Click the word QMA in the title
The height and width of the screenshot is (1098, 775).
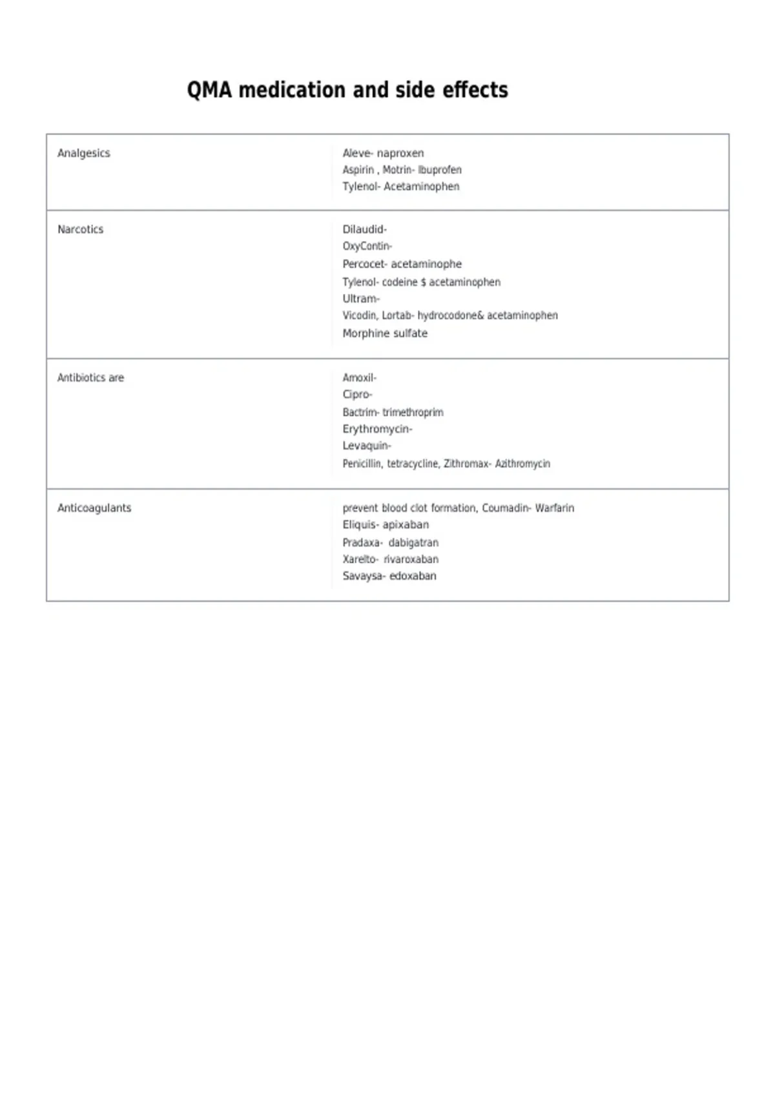coord(209,90)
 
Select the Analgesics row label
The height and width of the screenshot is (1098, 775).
coord(84,153)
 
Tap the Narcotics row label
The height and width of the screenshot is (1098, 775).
coord(80,229)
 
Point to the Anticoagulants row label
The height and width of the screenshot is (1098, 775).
coord(94,508)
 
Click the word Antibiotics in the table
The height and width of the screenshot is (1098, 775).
coord(81,378)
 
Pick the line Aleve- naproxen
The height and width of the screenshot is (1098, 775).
coord(383,153)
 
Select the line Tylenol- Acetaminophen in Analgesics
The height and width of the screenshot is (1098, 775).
coord(401,187)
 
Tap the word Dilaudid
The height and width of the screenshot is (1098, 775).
coord(364,229)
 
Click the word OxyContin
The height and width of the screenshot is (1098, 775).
coord(366,246)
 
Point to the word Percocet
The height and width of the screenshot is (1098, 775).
coord(364,264)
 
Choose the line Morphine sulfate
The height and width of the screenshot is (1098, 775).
coord(385,333)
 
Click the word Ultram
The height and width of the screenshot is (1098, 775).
coord(360,299)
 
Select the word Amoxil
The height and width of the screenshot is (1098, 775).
coord(358,378)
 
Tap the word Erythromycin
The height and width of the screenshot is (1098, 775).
coord(376,429)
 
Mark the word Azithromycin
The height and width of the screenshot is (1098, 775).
coord(522,464)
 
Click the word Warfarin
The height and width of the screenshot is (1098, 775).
coord(554,508)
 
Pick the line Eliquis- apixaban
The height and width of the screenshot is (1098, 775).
coord(386,525)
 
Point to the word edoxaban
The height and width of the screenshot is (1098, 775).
coord(413,576)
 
